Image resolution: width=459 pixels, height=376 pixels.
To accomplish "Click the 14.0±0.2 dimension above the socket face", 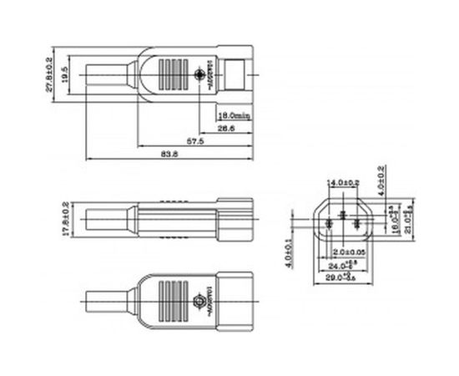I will (344, 182).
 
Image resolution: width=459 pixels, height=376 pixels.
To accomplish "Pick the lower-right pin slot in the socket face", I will (356, 223).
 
